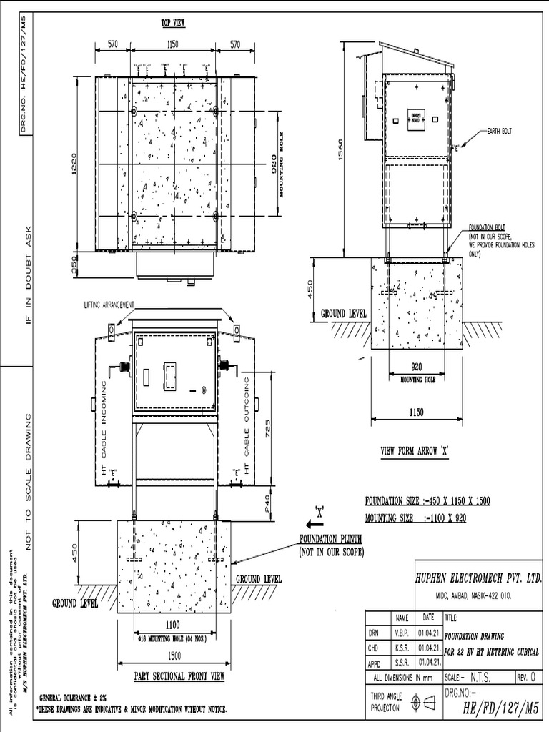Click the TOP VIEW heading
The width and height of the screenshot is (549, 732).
(x=172, y=23)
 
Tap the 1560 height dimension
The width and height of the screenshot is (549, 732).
(x=341, y=149)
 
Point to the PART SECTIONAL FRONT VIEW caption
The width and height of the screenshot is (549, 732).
(x=180, y=676)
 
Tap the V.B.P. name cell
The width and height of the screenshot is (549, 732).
(x=403, y=632)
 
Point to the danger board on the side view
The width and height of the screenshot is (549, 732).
(x=416, y=117)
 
